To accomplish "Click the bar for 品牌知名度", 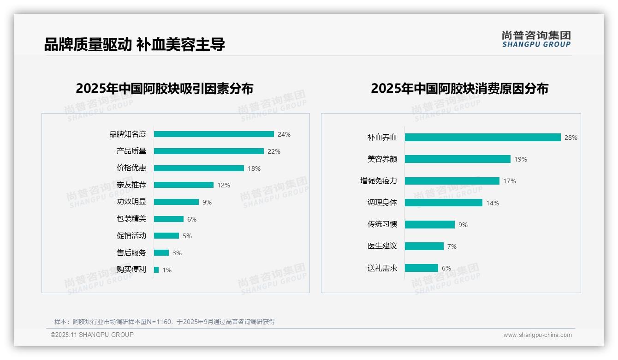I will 214,134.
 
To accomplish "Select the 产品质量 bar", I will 208,151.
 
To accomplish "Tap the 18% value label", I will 254,168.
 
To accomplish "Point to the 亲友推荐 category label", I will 131,185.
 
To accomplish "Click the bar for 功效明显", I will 176,202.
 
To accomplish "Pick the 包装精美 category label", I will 131,219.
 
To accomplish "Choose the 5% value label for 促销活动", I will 187,236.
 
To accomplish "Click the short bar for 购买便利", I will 156,270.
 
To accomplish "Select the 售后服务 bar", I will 161,253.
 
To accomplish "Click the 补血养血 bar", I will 482,138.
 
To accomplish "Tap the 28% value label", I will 571,138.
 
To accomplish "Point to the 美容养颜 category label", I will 382,159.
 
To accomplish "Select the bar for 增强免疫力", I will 452,181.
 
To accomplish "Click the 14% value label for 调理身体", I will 493,203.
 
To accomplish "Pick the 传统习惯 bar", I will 430,225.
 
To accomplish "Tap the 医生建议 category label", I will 382,246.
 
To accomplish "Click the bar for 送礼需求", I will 422,268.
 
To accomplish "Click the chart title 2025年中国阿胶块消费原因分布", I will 459,89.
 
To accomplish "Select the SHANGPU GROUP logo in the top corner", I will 536,39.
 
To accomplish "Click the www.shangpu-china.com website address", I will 537,335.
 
